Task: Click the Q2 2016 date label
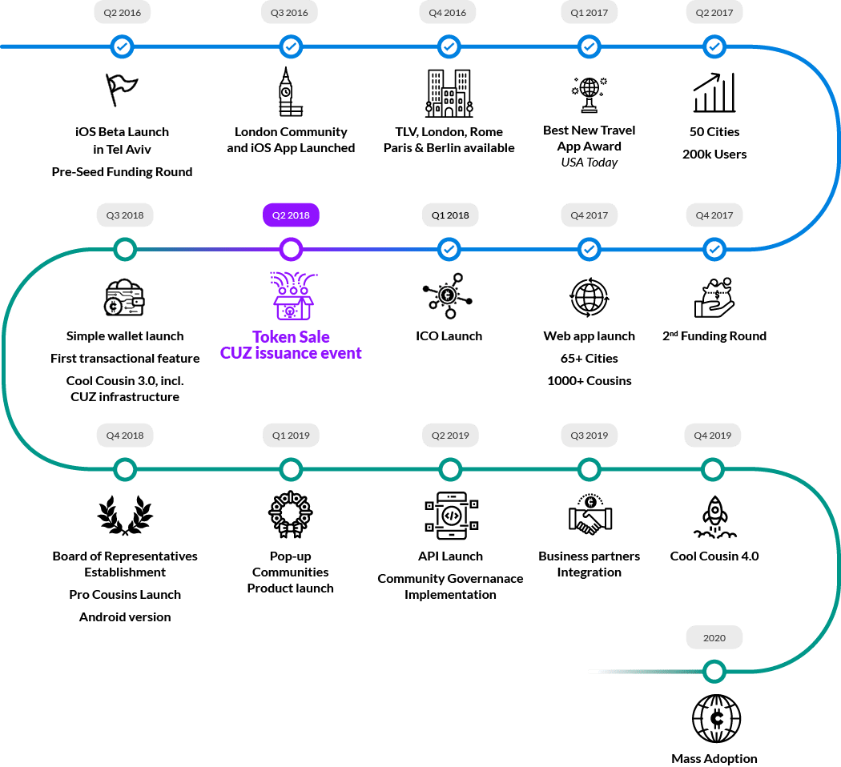(123, 13)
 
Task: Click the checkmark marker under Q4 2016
(449, 47)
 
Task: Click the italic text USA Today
(589, 163)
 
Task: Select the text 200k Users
(714, 154)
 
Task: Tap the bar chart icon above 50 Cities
(714, 93)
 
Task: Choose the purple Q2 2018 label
(291, 215)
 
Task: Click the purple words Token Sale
(291, 337)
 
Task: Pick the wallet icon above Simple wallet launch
(124, 298)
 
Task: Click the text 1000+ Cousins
(589, 380)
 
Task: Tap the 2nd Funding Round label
(714, 336)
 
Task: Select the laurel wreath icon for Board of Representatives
(124, 515)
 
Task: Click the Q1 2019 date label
(291, 436)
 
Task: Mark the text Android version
(124, 616)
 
